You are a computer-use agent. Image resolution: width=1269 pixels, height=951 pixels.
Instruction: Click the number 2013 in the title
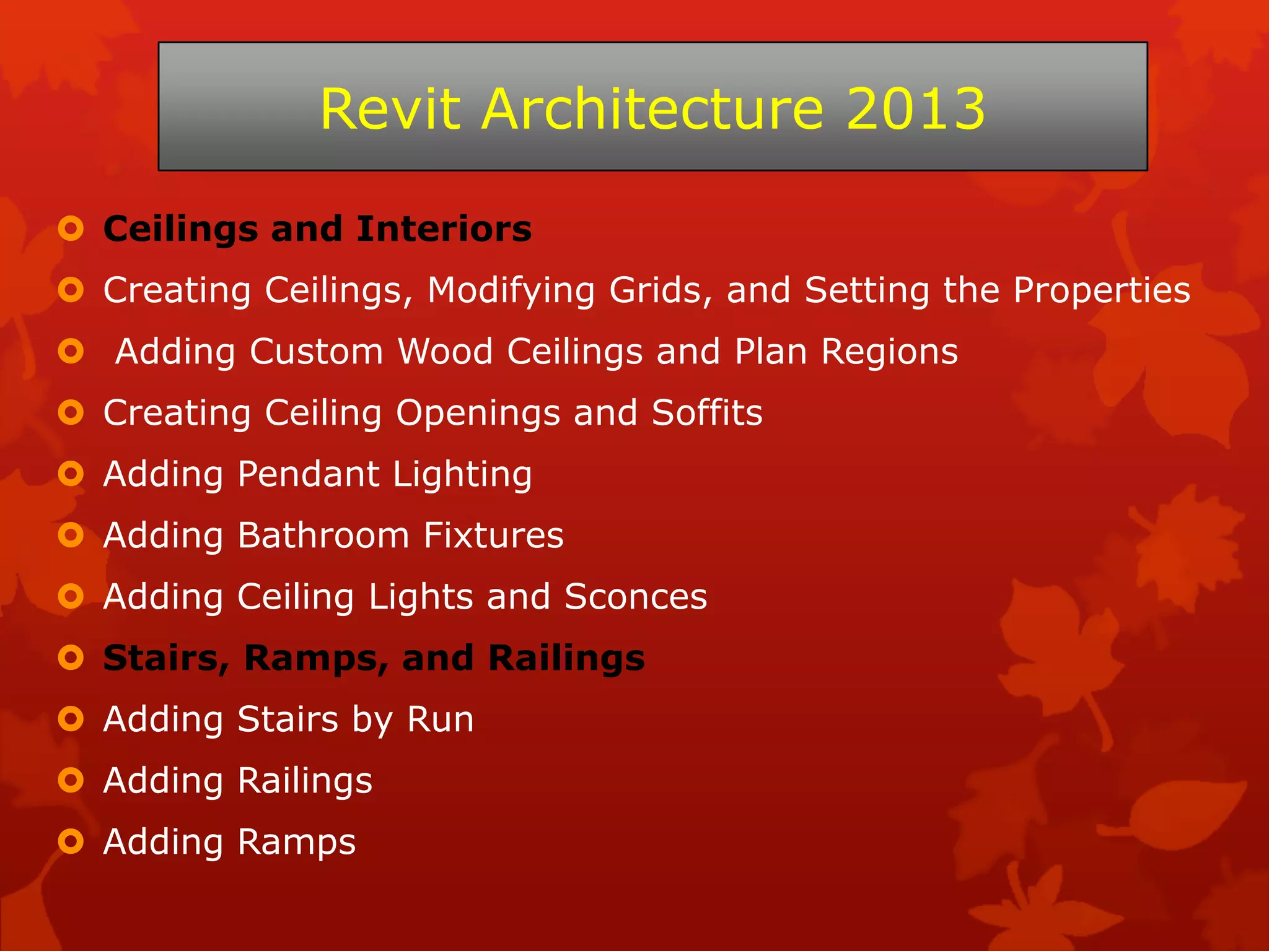point(915,109)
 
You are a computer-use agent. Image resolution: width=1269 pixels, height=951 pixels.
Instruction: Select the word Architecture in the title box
point(652,109)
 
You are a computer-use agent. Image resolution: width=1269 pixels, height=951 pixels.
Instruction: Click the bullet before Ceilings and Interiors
point(71,229)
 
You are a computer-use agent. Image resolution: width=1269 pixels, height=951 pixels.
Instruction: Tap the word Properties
point(1102,291)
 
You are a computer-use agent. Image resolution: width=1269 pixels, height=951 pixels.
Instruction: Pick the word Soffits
point(707,412)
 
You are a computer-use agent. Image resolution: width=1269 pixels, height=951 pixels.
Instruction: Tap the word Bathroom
point(323,535)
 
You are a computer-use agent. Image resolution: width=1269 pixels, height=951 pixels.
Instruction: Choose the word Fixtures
point(493,535)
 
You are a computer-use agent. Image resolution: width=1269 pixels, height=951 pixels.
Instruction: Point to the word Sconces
point(636,596)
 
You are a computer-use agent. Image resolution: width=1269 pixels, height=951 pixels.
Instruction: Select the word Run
point(440,719)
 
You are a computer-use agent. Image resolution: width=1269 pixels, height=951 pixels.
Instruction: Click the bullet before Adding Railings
point(71,780)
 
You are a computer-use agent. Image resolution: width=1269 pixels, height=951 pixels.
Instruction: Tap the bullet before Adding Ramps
point(71,841)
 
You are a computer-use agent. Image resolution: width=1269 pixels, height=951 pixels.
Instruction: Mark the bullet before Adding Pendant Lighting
point(71,474)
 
